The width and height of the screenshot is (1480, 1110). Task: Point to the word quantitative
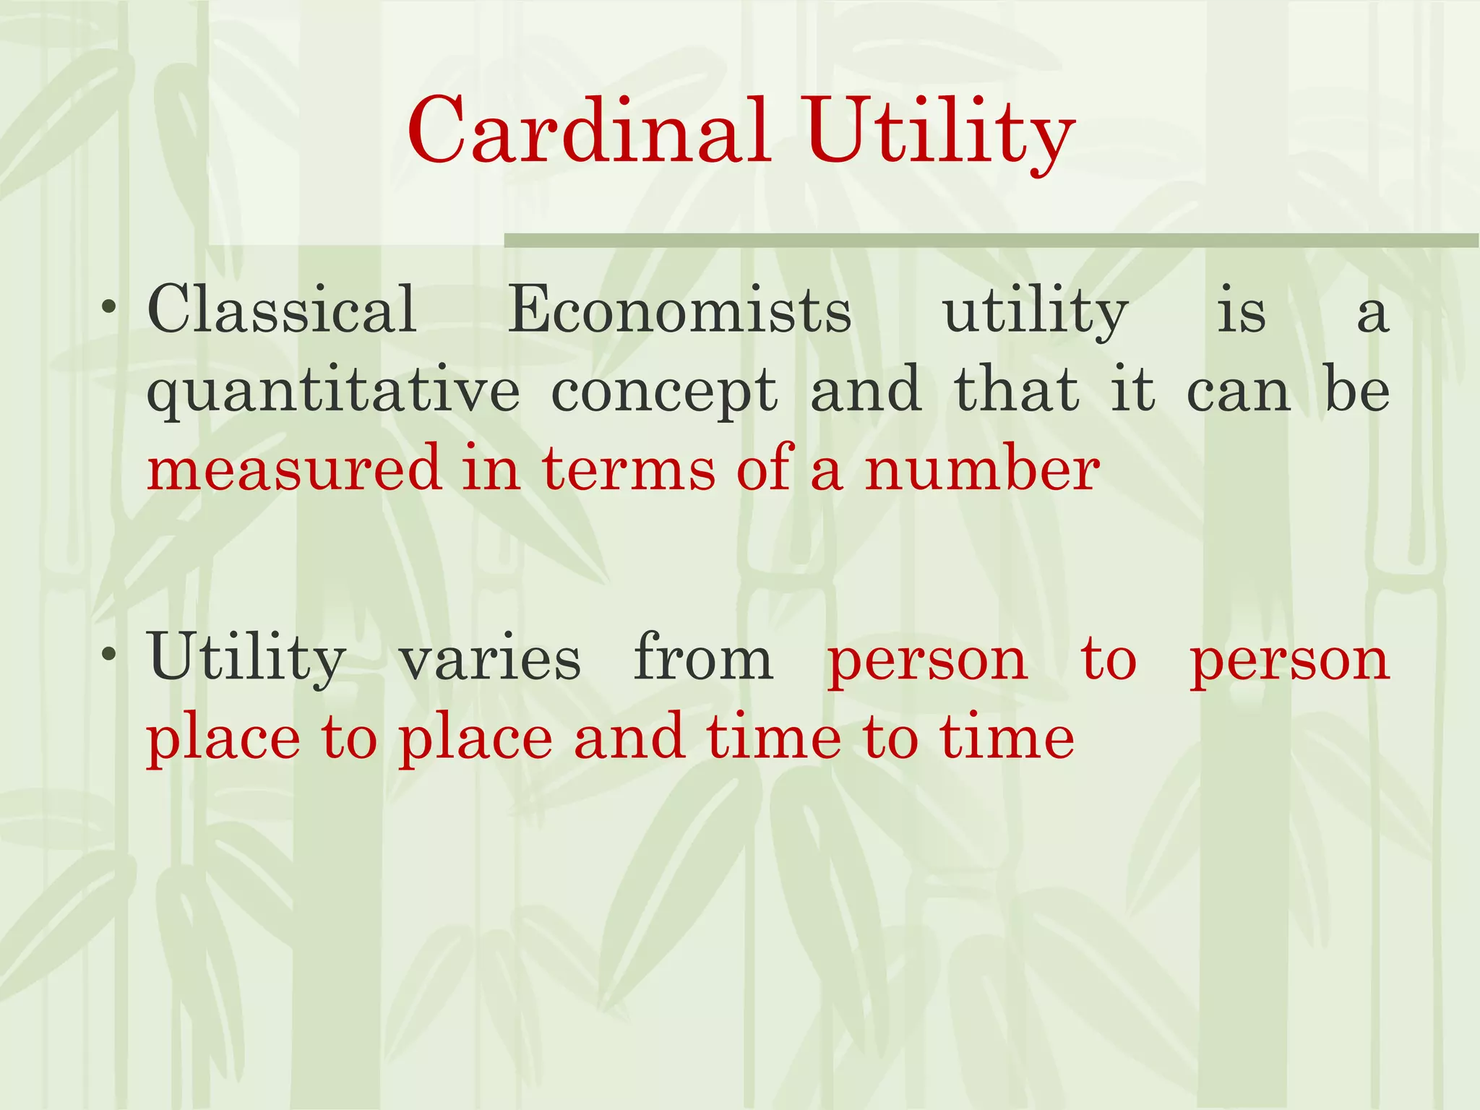(333, 391)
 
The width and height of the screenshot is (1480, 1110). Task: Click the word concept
(664, 391)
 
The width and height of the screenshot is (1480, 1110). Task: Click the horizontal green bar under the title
(990, 241)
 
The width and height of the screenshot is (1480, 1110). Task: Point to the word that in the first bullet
(1017, 391)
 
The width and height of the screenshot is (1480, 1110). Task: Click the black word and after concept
(866, 391)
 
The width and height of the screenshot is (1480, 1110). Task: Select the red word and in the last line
(629, 739)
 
